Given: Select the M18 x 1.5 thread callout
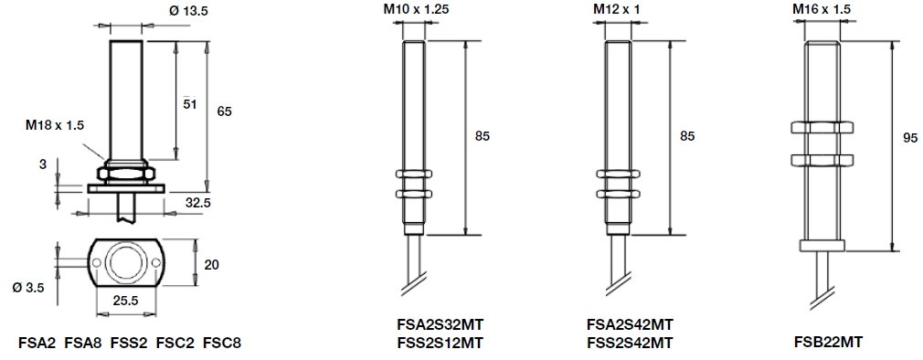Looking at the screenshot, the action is click(x=55, y=124).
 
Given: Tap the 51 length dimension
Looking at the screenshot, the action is click(x=188, y=104).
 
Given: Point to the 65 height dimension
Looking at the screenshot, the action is click(x=224, y=111).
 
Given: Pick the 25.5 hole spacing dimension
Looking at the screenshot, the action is click(x=125, y=301).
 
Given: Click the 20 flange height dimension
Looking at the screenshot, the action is click(x=212, y=265).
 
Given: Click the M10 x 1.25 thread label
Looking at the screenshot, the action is click(x=411, y=9).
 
